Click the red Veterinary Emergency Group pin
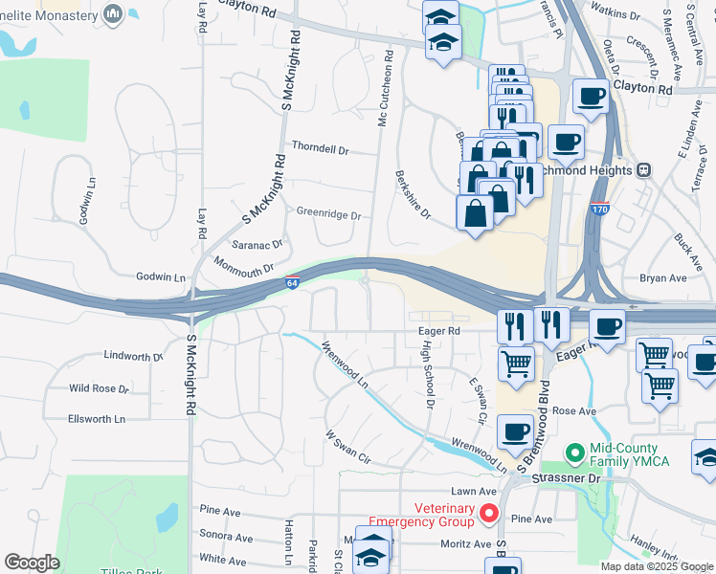point(489,515)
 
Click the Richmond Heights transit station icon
point(644,169)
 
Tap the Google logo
point(32,563)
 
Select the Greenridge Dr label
point(328,215)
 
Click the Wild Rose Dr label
point(98,389)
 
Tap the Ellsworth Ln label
point(97,419)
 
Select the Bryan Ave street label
point(663,278)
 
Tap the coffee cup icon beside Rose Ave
point(516,431)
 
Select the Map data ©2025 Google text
point(657,566)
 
